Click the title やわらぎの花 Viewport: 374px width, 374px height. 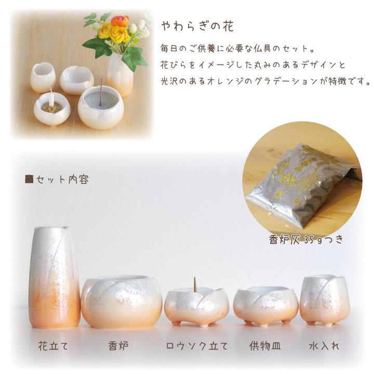[x=197, y=26]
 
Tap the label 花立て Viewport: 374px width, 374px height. [x=53, y=346]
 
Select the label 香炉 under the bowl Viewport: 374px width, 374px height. [x=118, y=346]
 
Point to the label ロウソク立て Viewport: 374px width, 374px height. [x=197, y=346]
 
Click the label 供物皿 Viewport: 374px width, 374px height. [x=265, y=346]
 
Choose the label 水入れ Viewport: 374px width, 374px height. [x=324, y=346]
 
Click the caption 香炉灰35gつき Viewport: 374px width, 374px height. [x=306, y=239]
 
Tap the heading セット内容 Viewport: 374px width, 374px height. [x=62, y=179]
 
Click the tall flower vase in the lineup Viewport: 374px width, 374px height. [x=54, y=277]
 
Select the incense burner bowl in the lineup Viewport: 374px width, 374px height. [x=122, y=301]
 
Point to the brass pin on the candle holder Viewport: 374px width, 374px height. [x=195, y=284]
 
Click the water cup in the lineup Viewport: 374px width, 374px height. [x=325, y=300]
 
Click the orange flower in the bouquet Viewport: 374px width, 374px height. [x=120, y=21]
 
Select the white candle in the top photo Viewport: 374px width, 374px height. [x=51, y=98]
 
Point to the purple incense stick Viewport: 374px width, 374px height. [x=101, y=92]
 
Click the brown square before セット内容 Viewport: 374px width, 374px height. [x=29, y=179]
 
